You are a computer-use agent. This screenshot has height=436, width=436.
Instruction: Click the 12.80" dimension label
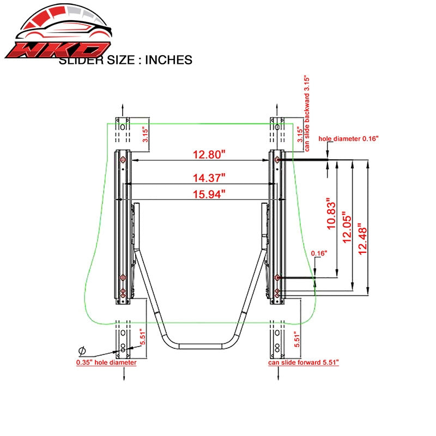pos(209,154)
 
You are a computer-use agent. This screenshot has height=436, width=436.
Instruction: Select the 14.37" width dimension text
pos(209,178)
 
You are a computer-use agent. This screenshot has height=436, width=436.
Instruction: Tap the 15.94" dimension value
pos(209,194)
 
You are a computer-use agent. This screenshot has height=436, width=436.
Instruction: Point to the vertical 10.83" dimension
pos(331,214)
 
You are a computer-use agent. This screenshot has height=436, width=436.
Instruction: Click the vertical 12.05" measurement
pos(347,227)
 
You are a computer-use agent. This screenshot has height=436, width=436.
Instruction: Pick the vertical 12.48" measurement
pos(362,239)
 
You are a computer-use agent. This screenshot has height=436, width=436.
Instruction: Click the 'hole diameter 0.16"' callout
pos(348,138)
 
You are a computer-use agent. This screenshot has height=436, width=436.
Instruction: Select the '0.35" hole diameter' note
pos(106,362)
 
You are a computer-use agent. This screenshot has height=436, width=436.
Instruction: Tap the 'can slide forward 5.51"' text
pos(304,362)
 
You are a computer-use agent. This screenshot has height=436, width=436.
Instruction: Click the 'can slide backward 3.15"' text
pos(306,113)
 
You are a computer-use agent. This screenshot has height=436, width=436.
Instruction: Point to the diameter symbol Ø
pos(82,351)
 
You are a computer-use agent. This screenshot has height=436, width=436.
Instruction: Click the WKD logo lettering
pos(58,50)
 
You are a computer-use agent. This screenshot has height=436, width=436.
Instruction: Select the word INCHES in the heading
pos(168,60)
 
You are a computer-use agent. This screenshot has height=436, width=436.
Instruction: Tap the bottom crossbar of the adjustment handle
pos(200,346)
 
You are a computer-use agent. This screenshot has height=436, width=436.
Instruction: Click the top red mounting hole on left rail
pos(123,160)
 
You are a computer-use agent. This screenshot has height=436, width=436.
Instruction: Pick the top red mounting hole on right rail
pos(277,160)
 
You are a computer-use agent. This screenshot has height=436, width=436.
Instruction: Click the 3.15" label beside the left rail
pos(146,134)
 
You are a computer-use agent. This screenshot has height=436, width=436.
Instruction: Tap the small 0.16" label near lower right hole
pos(319,253)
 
